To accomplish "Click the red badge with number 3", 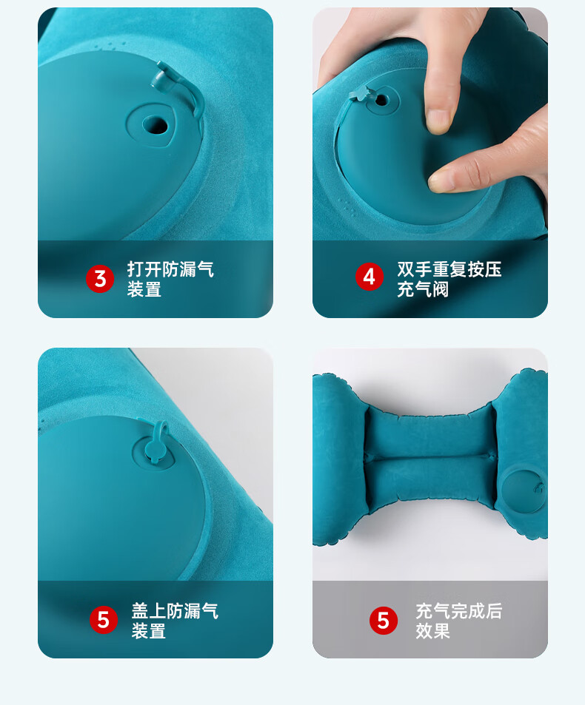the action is [100, 279].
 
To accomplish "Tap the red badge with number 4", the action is [370, 277].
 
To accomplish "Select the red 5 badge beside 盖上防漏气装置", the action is [104, 620].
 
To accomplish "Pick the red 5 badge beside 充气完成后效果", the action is [384, 621].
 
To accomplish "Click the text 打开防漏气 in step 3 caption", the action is [170, 269].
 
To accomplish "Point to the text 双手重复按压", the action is [449, 269].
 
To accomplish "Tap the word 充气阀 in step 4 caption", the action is [423, 289].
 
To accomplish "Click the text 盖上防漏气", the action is [175, 610].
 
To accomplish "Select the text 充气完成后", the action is [459, 610].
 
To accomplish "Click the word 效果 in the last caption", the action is [432, 631].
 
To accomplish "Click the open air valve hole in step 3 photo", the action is [155, 124].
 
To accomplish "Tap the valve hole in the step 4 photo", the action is [381, 100].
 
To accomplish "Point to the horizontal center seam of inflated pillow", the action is [429, 457].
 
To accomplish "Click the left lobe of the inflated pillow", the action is [338, 459].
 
